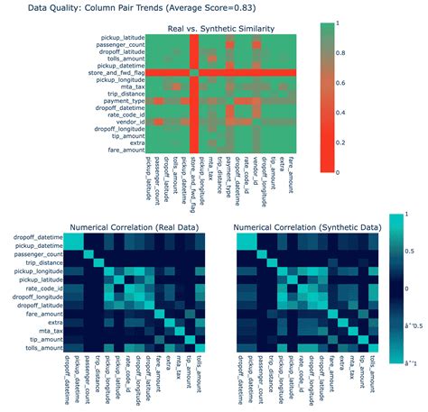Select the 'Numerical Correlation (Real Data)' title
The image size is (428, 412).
tap(136, 227)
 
